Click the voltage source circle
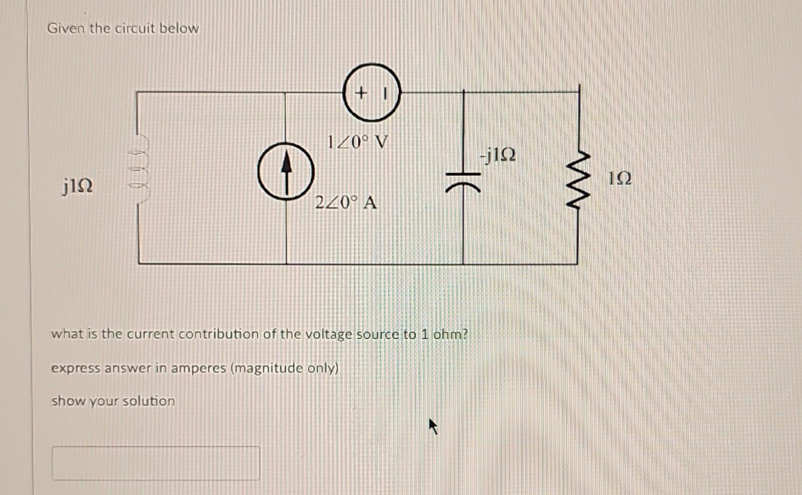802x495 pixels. point(371,93)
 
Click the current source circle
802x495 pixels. point(286,171)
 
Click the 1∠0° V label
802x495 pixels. point(357,142)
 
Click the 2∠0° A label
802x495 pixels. point(346,202)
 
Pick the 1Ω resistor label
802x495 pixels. point(620,178)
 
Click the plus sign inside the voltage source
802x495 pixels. point(361,93)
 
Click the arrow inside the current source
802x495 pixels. point(286,170)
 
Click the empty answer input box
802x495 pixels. point(156,463)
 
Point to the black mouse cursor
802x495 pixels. point(433,426)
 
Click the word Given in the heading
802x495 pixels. point(66,28)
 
